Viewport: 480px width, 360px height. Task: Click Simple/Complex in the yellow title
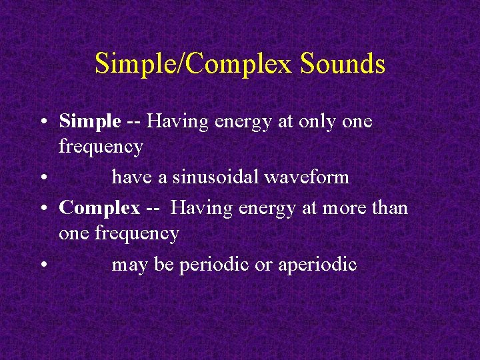[194, 64]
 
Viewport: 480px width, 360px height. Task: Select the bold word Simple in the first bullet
[90, 121]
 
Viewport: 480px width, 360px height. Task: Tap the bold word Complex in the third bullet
[99, 208]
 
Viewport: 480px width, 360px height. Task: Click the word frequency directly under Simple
[101, 147]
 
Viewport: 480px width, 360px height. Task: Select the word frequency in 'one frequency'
[137, 233]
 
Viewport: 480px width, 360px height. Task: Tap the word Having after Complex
[199, 208]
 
